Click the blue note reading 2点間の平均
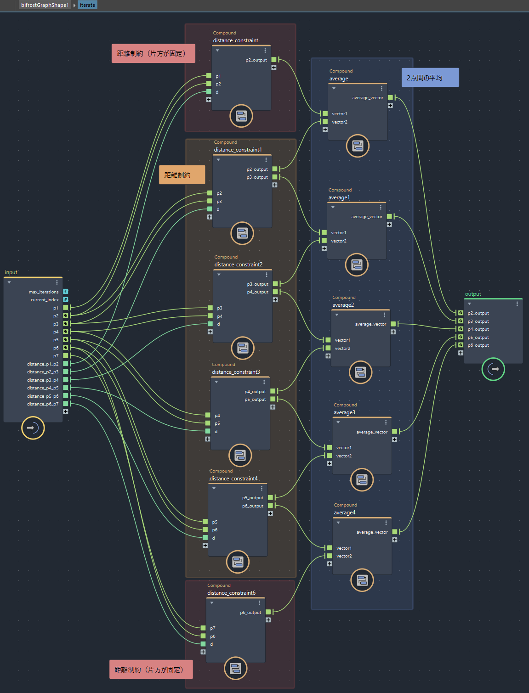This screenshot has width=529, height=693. click(424, 78)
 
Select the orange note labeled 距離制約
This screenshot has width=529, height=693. click(177, 175)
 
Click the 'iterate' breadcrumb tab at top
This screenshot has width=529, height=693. click(87, 5)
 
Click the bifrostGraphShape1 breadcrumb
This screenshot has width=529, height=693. click(45, 5)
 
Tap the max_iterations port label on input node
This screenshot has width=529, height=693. click(44, 292)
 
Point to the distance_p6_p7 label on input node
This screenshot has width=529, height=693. click(43, 404)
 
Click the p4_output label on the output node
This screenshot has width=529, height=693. click(478, 329)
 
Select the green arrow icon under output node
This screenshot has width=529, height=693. click(493, 369)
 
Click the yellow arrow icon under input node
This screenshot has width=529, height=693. click(33, 428)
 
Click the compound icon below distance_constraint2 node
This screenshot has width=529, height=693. click(243, 348)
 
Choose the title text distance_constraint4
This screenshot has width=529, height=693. click(233, 479)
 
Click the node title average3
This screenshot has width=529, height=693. click(344, 412)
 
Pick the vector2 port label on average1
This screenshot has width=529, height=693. click(339, 241)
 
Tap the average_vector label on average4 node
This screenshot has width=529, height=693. click(372, 532)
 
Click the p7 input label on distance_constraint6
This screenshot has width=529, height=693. click(213, 628)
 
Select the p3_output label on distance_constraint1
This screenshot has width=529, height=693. click(257, 177)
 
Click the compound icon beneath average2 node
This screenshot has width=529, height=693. click(360, 372)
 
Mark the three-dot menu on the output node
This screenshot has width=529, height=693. click(517, 304)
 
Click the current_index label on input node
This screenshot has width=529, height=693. click(45, 300)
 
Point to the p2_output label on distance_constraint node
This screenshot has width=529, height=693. click(256, 60)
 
